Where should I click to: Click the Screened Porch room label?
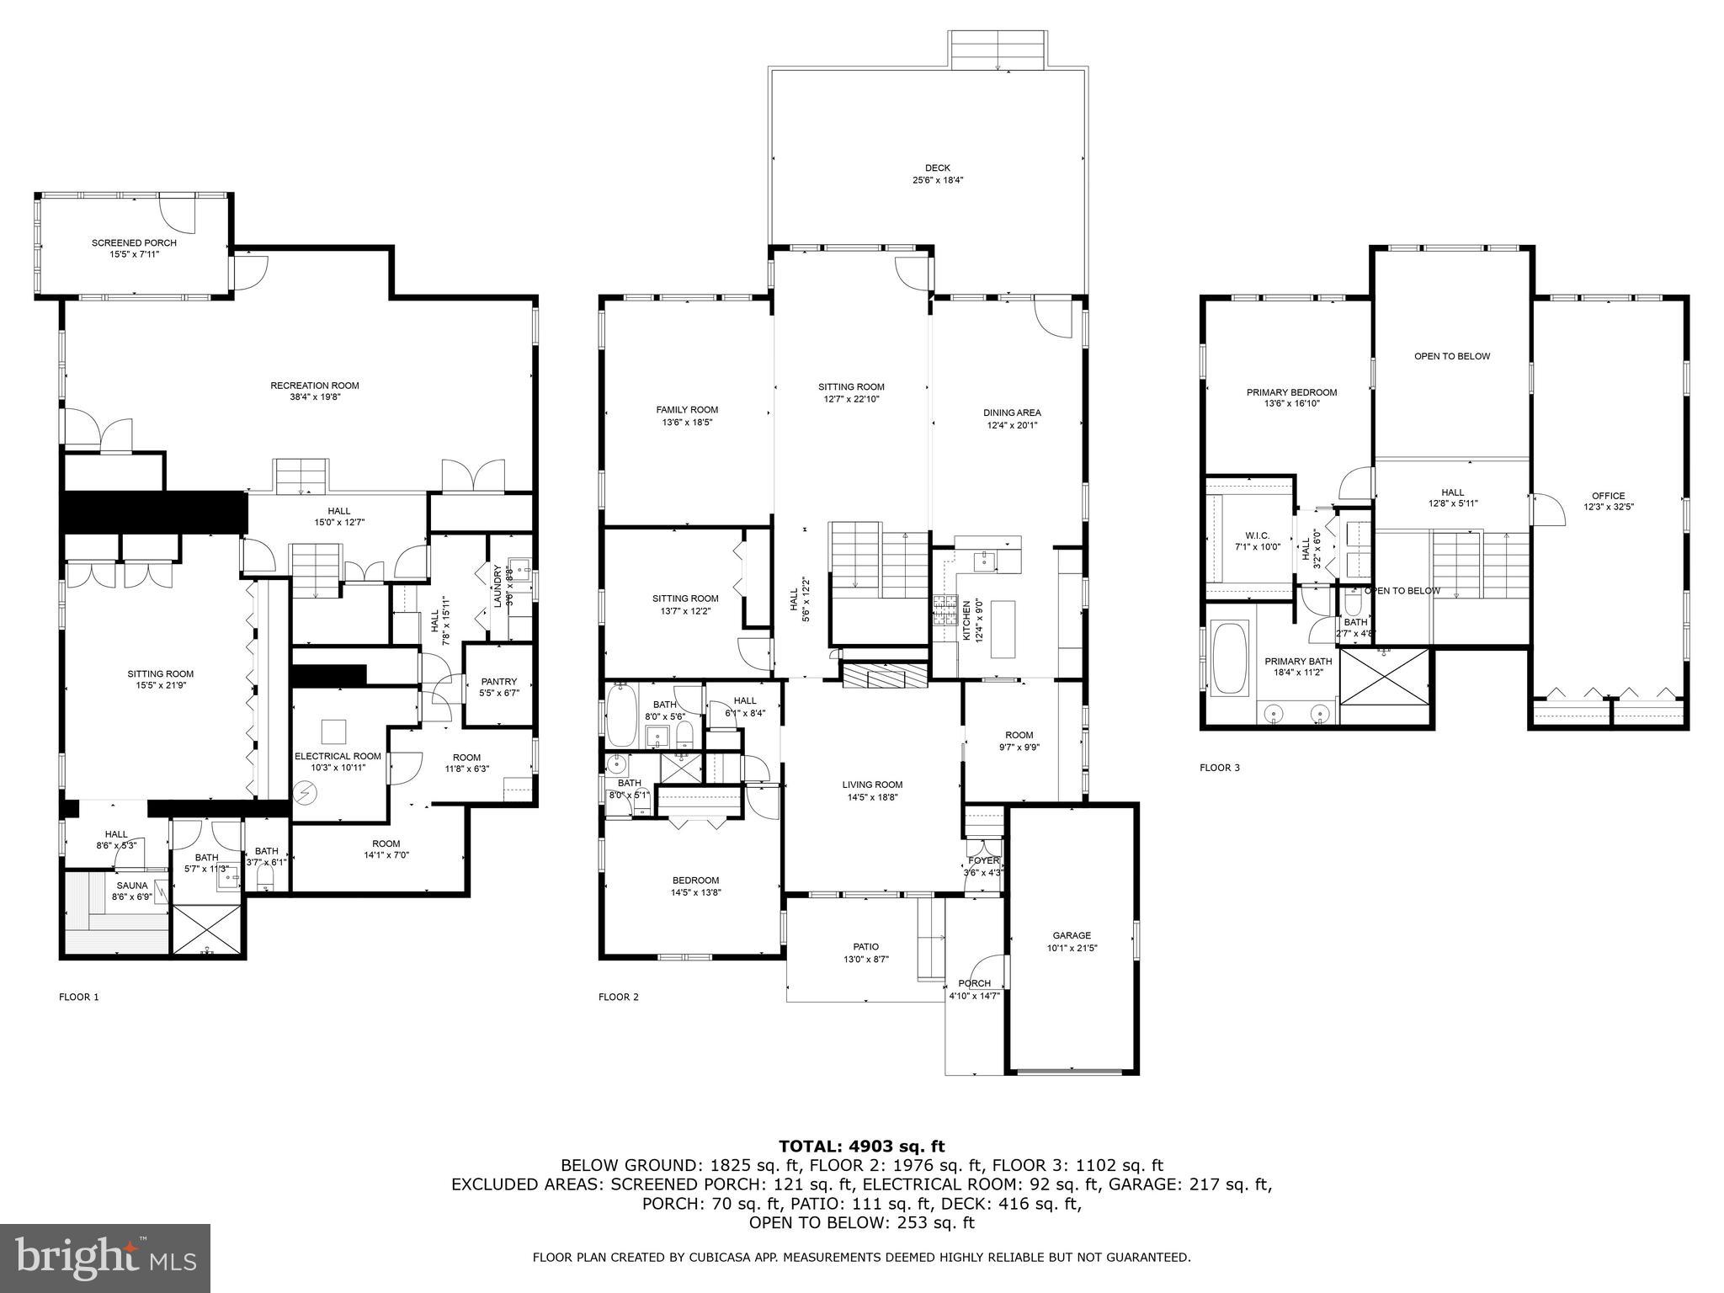[x=134, y=242]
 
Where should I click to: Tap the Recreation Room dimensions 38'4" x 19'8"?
[x=315, y=397]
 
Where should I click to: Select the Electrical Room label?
[x=338, y=756]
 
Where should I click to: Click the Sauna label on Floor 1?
[x=132, y=886]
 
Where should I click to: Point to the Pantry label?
[x=499, y=682]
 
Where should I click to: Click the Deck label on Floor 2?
[x=937, y=168]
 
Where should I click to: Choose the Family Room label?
[x=687, y=410]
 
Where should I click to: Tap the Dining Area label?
[x=1013, y=412]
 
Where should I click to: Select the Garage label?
[x=1072, y=935]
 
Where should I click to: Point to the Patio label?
[x=866, y=947]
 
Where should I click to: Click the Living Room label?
[x=872, y=785]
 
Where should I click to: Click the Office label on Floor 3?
[x=1608, y=496]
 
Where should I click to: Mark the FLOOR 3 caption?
[x=1219, y=768]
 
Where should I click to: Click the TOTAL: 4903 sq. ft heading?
[x=861, y=1146]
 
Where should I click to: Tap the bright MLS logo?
[x=105, y=1259]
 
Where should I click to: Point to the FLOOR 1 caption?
[x=79, y=998]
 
